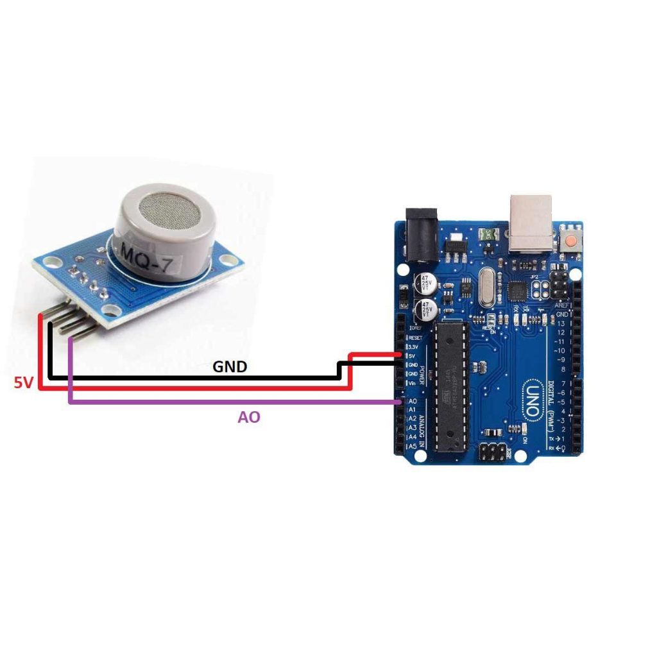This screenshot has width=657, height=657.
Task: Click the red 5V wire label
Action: (23, 383)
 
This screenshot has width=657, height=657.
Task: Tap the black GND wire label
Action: (230, 367)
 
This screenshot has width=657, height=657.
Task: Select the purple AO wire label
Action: (249, 417)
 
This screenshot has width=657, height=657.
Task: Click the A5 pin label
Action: (413, 446)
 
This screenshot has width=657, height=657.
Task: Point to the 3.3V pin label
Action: (414, 346)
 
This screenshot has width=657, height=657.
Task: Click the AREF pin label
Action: (561, 307)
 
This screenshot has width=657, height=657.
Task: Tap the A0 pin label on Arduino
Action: (413, 401)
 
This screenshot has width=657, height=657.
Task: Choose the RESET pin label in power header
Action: (415, 337)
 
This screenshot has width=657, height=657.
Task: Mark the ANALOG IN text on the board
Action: (423, 423)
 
